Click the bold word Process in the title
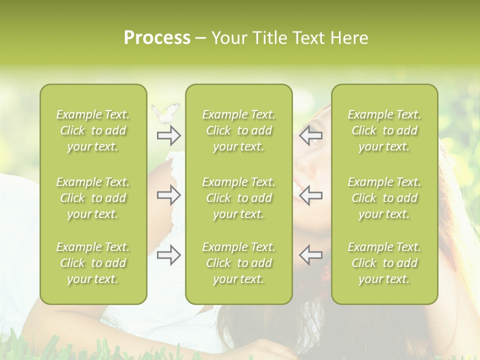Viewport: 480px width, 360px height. (157, 38)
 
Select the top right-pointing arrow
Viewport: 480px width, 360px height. (169, 135)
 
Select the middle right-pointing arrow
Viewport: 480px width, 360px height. (169, 195)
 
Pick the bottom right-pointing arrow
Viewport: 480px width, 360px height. (169, 255)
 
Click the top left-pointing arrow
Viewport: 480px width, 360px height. (310, 135)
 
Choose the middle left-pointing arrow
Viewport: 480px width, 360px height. (310, 195)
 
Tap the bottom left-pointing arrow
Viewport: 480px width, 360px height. (310, 255)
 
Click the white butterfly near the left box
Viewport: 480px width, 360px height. (166, 113)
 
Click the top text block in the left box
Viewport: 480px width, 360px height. (93, 130)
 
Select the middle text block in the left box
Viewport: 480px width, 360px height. (93, 198)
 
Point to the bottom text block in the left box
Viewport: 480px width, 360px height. (93, 263)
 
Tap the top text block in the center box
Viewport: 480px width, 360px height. (238, 130)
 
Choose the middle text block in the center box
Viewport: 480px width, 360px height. (238, 198)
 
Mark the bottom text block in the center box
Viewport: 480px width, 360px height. (238, 263)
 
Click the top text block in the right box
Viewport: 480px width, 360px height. (384, 130)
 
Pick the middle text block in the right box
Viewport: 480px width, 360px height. (384, 198)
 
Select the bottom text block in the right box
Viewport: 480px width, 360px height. (384, 263)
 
